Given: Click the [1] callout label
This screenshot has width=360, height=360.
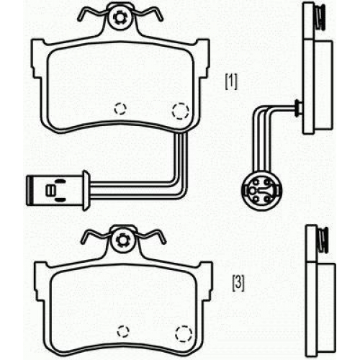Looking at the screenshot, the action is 231,82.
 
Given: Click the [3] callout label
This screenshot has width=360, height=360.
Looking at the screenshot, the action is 238,284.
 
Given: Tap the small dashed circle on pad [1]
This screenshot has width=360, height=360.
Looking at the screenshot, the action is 120,109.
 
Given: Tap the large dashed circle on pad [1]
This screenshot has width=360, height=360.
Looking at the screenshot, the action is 181,111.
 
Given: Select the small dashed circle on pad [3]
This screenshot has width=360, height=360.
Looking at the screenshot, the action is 123,331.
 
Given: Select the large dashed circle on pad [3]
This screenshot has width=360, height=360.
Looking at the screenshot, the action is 184,334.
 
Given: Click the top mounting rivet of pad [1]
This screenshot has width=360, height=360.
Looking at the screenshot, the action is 120,17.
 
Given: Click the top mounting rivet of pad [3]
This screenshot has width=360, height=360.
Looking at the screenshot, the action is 122,240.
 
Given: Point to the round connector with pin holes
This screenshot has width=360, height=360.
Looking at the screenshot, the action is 262,191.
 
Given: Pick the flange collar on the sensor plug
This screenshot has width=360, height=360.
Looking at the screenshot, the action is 86,191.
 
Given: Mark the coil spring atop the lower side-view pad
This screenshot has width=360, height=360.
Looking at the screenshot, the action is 323,240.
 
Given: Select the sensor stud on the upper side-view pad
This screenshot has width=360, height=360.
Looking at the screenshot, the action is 298,109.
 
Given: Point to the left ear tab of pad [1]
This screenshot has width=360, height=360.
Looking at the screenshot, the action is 37,58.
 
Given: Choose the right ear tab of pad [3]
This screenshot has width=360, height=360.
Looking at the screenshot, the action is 207,282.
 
